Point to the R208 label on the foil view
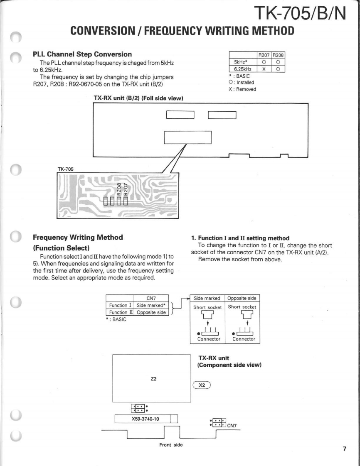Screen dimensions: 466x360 coord(119,188)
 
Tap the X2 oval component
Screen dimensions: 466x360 coord(202,385)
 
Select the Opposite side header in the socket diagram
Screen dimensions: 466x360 coord(242,298)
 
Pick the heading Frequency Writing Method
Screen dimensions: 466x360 coord(78,238)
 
